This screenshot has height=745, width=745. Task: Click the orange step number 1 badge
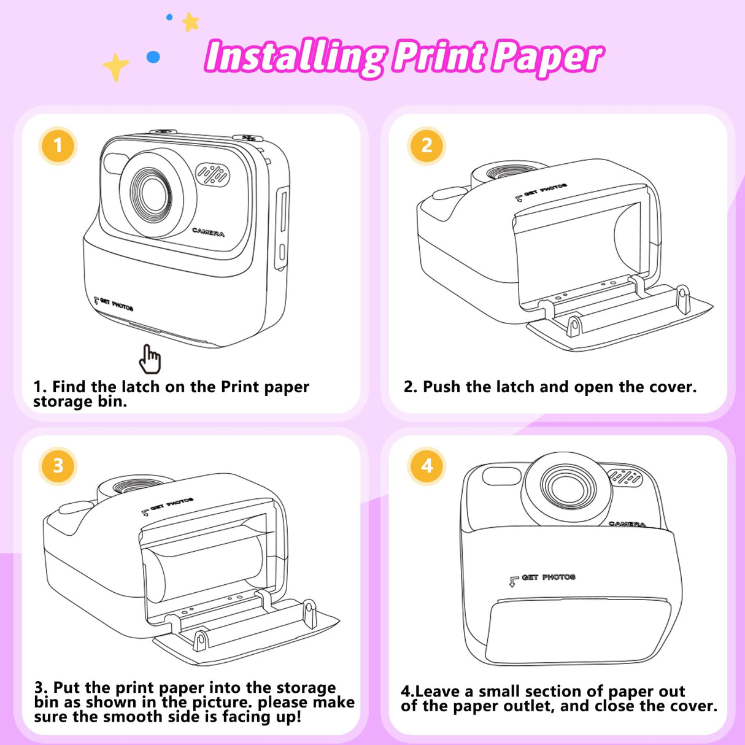(x=58, y=145)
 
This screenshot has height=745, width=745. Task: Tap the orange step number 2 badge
(x=427, y=145)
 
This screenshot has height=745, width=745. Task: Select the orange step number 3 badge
(x=58, y=466)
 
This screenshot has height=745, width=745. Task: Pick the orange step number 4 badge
(x=427, y=466)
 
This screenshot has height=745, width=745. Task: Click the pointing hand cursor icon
(x=149, y=359)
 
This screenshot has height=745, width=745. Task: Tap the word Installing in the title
(x=295, y=57)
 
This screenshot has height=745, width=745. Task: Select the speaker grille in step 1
(x=212, y=176)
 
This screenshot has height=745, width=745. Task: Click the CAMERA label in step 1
(x=208, y=233)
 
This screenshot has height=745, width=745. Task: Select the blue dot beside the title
(x=153, y=57)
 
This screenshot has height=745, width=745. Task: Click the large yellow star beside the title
(x=115, y=66)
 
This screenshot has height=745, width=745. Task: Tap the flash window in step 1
(x=115, y=164)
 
